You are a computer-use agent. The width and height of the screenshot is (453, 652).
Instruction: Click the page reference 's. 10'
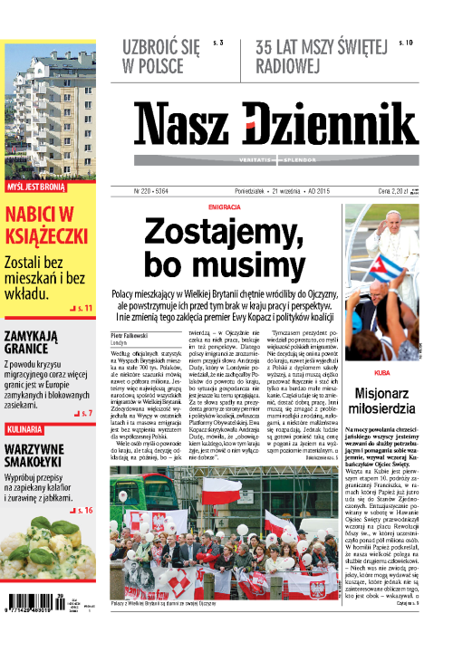406,43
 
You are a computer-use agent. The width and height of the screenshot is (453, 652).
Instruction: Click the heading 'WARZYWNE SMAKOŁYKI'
44,458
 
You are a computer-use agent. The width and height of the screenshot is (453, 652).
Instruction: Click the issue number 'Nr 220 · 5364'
152,192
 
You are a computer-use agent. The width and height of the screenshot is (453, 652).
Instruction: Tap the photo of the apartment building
47,105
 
